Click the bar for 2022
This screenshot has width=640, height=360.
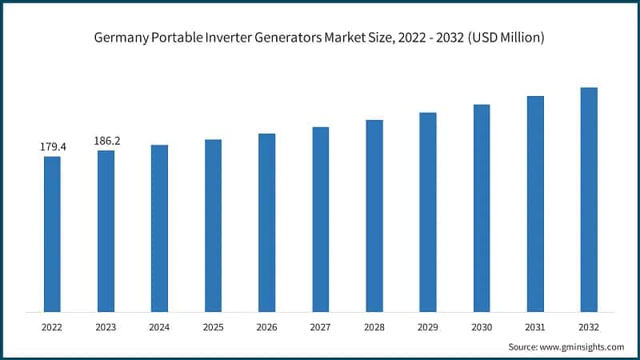(x=52, y=234)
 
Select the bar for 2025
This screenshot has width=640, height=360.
(x=213, y=226)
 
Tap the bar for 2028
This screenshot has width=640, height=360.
(x=374, y=216)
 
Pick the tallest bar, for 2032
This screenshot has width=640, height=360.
(x=589, y=199)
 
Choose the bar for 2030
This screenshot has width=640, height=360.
(x=482, y=208)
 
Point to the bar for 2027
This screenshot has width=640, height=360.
(x=321, y=219)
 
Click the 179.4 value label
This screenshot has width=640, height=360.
(x=53, y=147)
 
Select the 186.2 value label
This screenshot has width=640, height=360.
(x=106, y=141)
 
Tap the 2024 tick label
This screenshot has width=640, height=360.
(x=159, y=326)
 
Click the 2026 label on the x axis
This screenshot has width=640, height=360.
(x=266, y=326)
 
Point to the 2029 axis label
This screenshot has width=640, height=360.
(x=428, y=326)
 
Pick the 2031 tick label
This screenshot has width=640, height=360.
(x=535, y=326)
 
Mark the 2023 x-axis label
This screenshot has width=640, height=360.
(x=106, y=326)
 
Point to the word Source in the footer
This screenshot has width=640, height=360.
(x=524, y=346)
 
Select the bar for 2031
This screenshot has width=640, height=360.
(x=535, y=204)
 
